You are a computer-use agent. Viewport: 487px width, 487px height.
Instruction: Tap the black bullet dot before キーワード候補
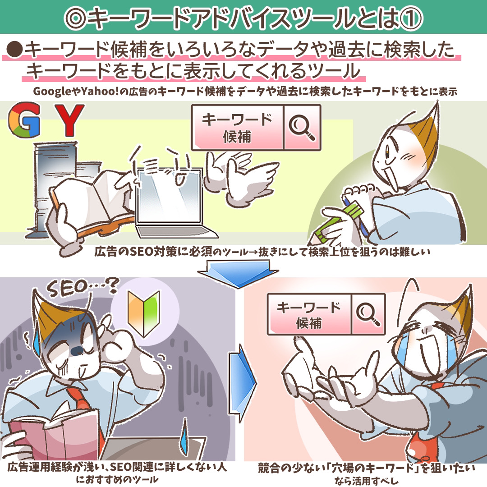14,50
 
